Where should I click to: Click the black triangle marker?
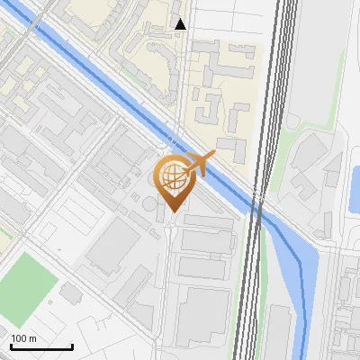181,24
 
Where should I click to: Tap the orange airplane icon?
200,165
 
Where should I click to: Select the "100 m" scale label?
23,338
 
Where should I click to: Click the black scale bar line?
41,346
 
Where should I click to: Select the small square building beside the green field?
71,293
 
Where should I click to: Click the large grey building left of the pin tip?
113,244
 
